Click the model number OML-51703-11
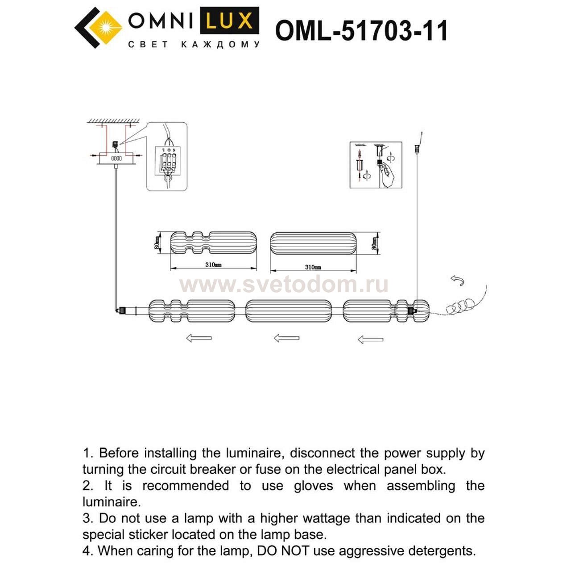tap(361, 31)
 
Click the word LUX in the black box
tap(229, 21)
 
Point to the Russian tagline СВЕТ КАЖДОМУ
tap(194, 45)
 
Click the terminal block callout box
tap(167, 157)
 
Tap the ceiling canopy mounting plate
tap(116, 158)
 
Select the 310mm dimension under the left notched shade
tap(213, 265)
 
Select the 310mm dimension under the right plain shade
tap(313, 267)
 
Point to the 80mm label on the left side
tap(157, 244)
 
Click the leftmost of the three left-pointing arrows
tap(199, 338)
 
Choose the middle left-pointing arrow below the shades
tap(286, 338)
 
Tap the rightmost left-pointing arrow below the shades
tap(370, 340)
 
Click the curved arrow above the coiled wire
tap(457, 281)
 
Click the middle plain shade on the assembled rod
tap(289, 311)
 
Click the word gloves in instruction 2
tap(313, 486)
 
